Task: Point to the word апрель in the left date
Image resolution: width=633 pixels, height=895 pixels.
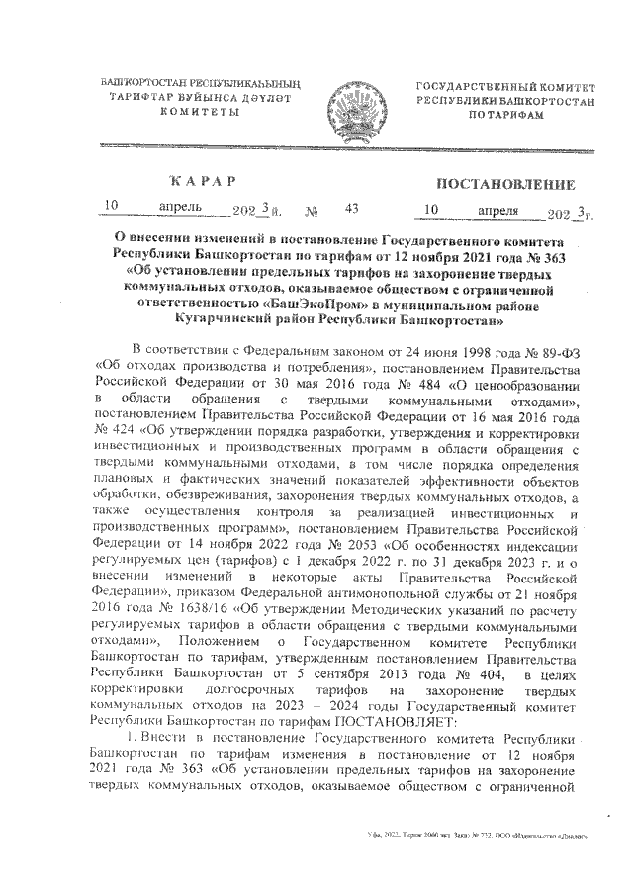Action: [x=180, y=207]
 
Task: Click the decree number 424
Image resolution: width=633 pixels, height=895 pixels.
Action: [x=112, y=431]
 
